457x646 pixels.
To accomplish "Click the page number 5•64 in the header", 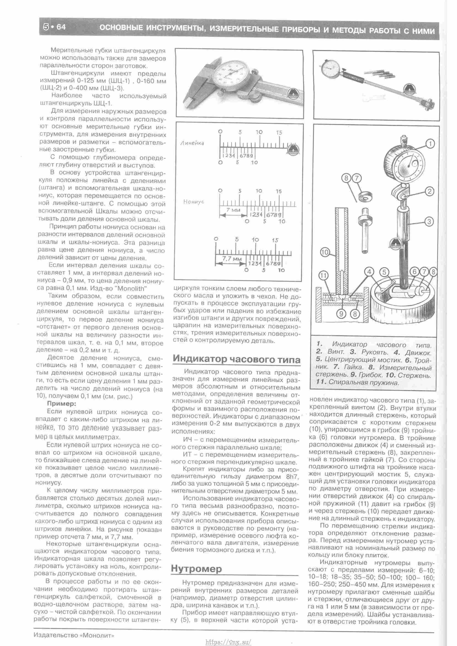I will tap(54, 27).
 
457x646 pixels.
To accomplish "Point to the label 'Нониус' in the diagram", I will tap(194, 202).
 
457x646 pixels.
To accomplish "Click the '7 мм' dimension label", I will tap(233, 210).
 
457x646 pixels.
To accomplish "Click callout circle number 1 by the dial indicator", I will tap(430, 144).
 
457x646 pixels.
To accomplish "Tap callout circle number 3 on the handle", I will tap(429, 222).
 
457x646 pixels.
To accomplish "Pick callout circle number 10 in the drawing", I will tap(324, 252).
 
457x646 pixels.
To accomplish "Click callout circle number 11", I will tap(324, 276).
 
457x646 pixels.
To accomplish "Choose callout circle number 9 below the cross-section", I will tap(341, 314).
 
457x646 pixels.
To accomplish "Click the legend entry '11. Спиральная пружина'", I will tap(357, 382).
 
